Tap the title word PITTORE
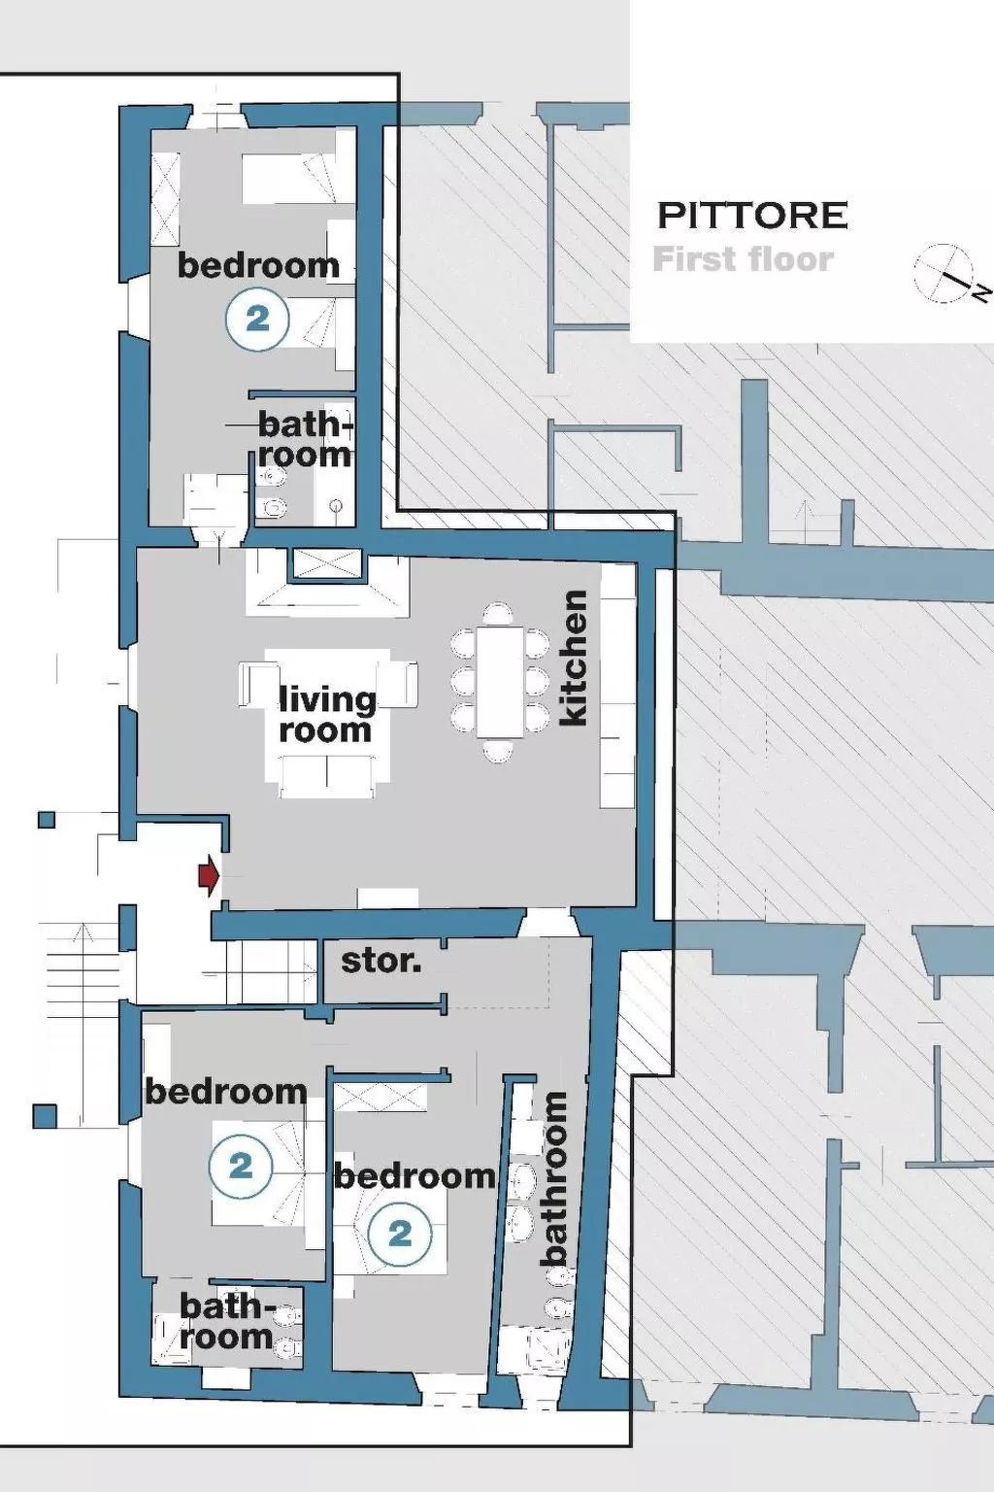pos(752,215)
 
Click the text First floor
pos(743,259)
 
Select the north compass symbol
pos(945,274)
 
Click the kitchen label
pos(574,658)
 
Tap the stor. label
pos(381,962)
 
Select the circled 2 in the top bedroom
pos(257,319)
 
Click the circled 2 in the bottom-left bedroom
pos(241,1166)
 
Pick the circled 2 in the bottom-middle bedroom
pos(400,1235)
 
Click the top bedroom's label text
pos(258,265)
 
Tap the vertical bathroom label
pos(554,1178)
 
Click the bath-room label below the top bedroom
pos(305,439)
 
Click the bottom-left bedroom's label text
pos(226,1092)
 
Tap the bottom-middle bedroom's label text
pos(415,1176)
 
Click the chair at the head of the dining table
pos(498,614)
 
